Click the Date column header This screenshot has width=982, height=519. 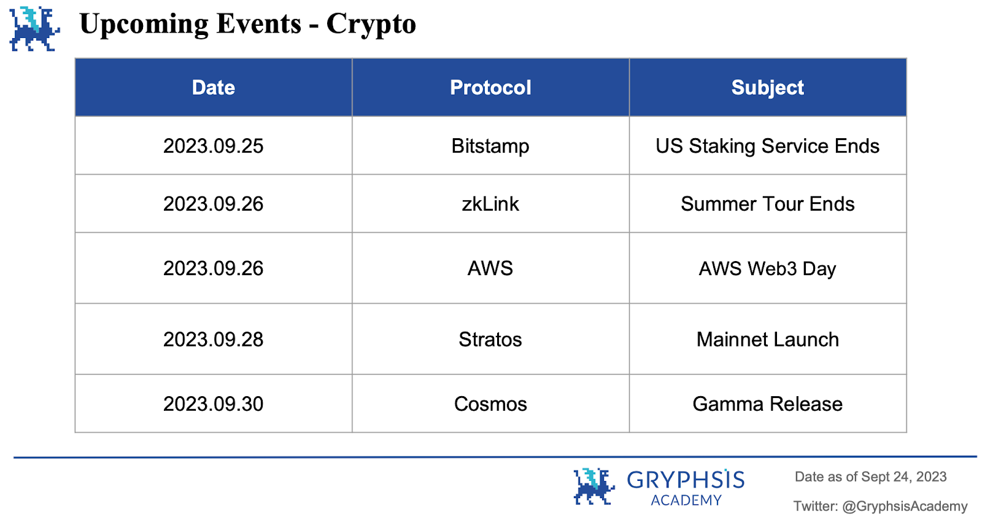[x=213, y=87]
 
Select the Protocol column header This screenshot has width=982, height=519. [x=490, y=87]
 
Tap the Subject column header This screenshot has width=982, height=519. [x=767, y=87]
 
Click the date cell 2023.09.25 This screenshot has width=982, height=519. [x=213, y=146]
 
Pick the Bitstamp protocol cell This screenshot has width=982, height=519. [x=490, y=146]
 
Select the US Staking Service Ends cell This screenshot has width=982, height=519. [x=767, y=146]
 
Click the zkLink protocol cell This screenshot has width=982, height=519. [x=490, y=204]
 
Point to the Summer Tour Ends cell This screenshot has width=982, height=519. [x=767, y=204]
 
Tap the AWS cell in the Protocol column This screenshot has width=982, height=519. [x=490, y=268]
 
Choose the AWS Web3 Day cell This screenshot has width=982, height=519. [x=767, y=268]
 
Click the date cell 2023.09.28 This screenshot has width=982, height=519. [x=213, y=339]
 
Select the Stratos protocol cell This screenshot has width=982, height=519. [x=490, y=339]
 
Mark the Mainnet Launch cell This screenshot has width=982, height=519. [x=767, y=339]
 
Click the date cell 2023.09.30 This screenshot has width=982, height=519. [x=213, y=404]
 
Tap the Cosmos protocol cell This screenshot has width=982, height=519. [x=490, y=404]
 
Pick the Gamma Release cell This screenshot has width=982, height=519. [x=767, y=404]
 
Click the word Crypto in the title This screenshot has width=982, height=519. [x=371, y=25]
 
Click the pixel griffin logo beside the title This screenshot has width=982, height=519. [x=34, y=28]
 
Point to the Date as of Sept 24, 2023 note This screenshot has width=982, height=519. [x=870, y=477]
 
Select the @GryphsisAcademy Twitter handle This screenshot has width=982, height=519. [x=904, y=506]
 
